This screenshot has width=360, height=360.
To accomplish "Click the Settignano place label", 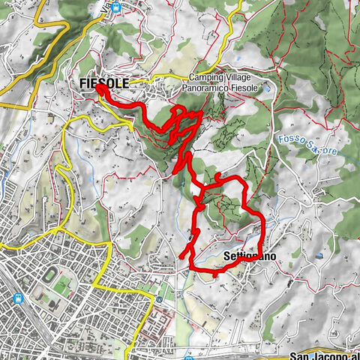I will click(x=250, y=256).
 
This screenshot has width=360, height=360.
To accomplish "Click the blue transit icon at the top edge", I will click(x=116, y=7).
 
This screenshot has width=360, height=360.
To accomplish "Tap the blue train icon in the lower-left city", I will click(x=16, y=297).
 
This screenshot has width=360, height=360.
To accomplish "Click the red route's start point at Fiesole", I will click(x=100, y=88).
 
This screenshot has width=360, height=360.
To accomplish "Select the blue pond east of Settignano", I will click(x=319, y=255).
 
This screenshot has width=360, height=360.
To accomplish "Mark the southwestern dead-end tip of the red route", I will click(x=181, y=257).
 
